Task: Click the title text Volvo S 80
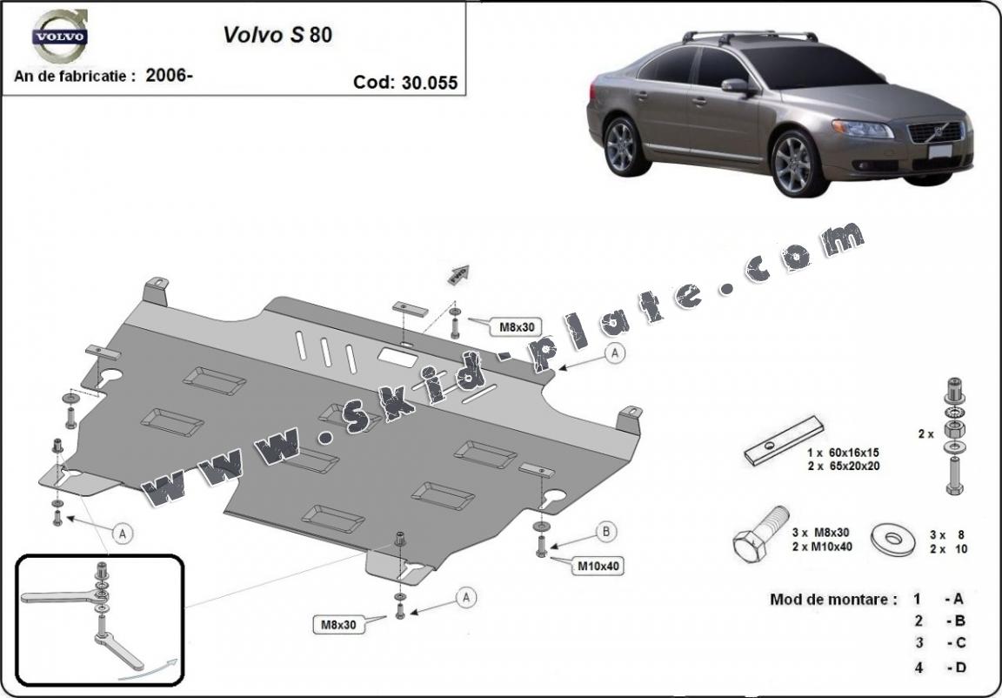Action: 277,35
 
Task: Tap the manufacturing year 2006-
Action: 170,75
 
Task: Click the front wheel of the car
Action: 797,163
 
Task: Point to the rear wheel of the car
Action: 624,147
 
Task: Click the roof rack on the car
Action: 750,36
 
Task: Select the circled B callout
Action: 606,532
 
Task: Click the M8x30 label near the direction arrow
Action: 515,327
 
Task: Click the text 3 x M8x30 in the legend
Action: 820,532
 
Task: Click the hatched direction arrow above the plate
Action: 458,274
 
